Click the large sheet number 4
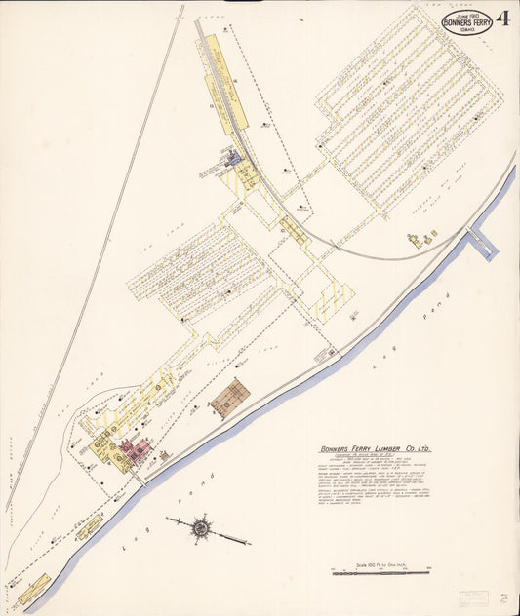click(x=503, y=19)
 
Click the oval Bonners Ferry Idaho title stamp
click(x=466, y=21)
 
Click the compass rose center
click(x=201, y=528)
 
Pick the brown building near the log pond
click(x=229, y=398)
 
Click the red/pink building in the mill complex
click(x=134, y=449)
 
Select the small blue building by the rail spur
click(x=232, y=156)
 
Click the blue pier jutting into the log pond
click(x=481, y=241)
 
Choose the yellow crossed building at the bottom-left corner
click(x=34, y=588)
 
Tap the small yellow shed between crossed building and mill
click(x=89, y=525)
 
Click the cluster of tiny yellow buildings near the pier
click(x=422, y=238)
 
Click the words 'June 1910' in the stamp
click(x=460, y=12)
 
